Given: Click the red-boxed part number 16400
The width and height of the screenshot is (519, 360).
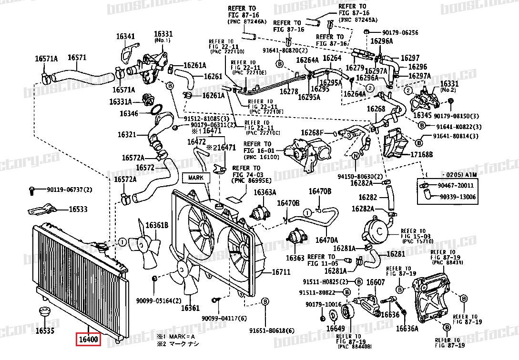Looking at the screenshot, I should pos(88,340).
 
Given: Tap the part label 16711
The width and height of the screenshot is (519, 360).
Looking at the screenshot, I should pos(281,273).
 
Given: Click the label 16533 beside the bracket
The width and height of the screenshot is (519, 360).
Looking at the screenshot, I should pos(78,209).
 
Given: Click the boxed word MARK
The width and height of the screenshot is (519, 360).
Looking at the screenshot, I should pos(195,177).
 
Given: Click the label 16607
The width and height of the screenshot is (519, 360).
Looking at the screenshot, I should pos(375,282).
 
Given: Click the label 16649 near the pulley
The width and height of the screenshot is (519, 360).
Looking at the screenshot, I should pos(335,328).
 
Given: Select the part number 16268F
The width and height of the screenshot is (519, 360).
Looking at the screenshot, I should pos(312,132).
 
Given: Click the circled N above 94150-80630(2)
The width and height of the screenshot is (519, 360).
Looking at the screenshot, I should pos(355,156).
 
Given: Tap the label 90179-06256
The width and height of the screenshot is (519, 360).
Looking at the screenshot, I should pos(400,33).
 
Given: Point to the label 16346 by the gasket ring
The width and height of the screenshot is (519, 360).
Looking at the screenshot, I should pos(129,114).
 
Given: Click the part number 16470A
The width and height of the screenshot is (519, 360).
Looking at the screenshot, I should pos(326,240).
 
